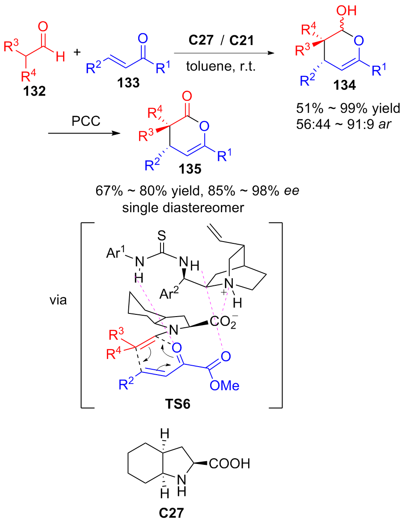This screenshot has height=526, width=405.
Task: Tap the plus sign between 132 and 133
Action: (77, 52)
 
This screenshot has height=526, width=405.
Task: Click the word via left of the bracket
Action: (58, 300)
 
